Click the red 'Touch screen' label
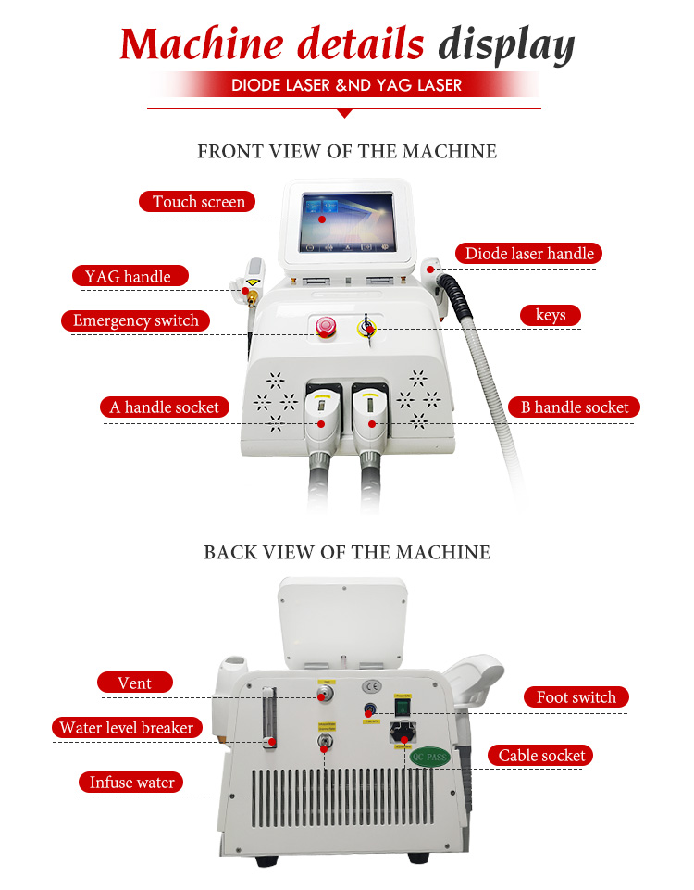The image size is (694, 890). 198,201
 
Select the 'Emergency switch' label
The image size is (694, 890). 136,320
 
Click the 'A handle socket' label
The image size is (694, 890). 164,407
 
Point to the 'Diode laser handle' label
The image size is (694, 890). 529,253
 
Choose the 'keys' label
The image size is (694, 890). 550,315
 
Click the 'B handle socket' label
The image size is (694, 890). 574,407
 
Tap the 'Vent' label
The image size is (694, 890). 134,683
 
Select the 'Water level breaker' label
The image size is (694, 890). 126,727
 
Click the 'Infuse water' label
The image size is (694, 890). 131,783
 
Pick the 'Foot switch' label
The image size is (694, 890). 576,697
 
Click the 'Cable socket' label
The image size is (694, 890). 541,756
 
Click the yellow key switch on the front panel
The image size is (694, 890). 369,326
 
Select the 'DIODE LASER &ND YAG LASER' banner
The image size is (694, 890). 346,85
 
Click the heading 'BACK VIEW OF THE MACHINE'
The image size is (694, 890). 347,552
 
